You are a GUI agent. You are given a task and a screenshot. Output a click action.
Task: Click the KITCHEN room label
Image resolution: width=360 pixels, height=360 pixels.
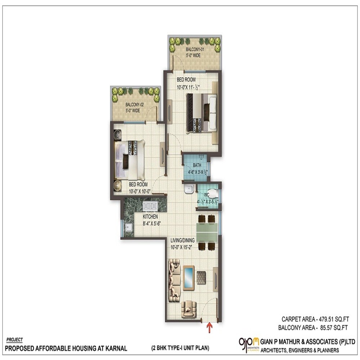(150, 217)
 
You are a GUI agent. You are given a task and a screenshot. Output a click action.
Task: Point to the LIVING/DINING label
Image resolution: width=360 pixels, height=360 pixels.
(183, 240)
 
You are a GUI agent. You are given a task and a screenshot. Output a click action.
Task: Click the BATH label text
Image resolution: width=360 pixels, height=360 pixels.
(197, 166)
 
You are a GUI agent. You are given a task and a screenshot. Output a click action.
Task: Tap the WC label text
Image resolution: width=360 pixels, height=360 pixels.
(206, 195)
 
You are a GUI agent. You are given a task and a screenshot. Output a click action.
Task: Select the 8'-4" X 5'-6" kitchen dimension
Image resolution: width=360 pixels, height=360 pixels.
(151, 223)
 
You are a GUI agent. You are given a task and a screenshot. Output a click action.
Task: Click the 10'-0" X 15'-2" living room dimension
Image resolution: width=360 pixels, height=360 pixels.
(183, 247)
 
